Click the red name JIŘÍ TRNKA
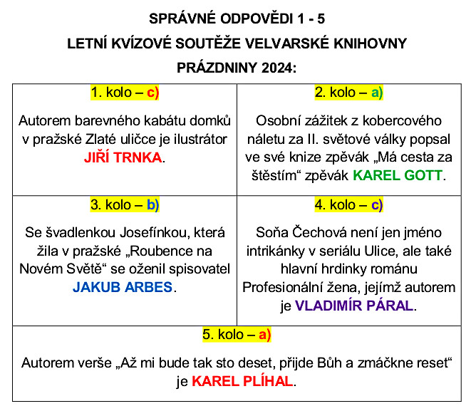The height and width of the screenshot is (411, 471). pos(125,157)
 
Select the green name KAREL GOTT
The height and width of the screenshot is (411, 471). pos(398,175)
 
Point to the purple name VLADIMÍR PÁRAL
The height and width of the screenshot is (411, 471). pos(354,306)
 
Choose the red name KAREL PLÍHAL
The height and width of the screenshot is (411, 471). pos(242,381)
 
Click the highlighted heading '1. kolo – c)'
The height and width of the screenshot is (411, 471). pos(125,93)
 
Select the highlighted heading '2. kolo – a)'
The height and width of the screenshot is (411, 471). pos(348,93)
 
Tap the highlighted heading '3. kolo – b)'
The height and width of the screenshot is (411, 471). pos(125,205)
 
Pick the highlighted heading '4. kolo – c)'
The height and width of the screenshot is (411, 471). pos(348,205)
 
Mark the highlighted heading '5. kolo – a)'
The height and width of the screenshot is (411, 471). pos(236,333)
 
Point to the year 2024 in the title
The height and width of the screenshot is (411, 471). pos(276,68)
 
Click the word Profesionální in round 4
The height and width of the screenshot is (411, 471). pos(284,288)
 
